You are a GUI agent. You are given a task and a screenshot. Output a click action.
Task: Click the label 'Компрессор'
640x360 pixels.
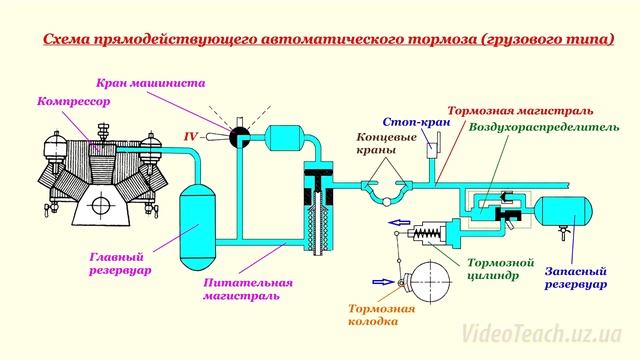72,103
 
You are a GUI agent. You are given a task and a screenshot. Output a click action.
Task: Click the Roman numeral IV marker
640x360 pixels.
190,133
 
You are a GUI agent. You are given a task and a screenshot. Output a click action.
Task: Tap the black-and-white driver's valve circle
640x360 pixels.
238,136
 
